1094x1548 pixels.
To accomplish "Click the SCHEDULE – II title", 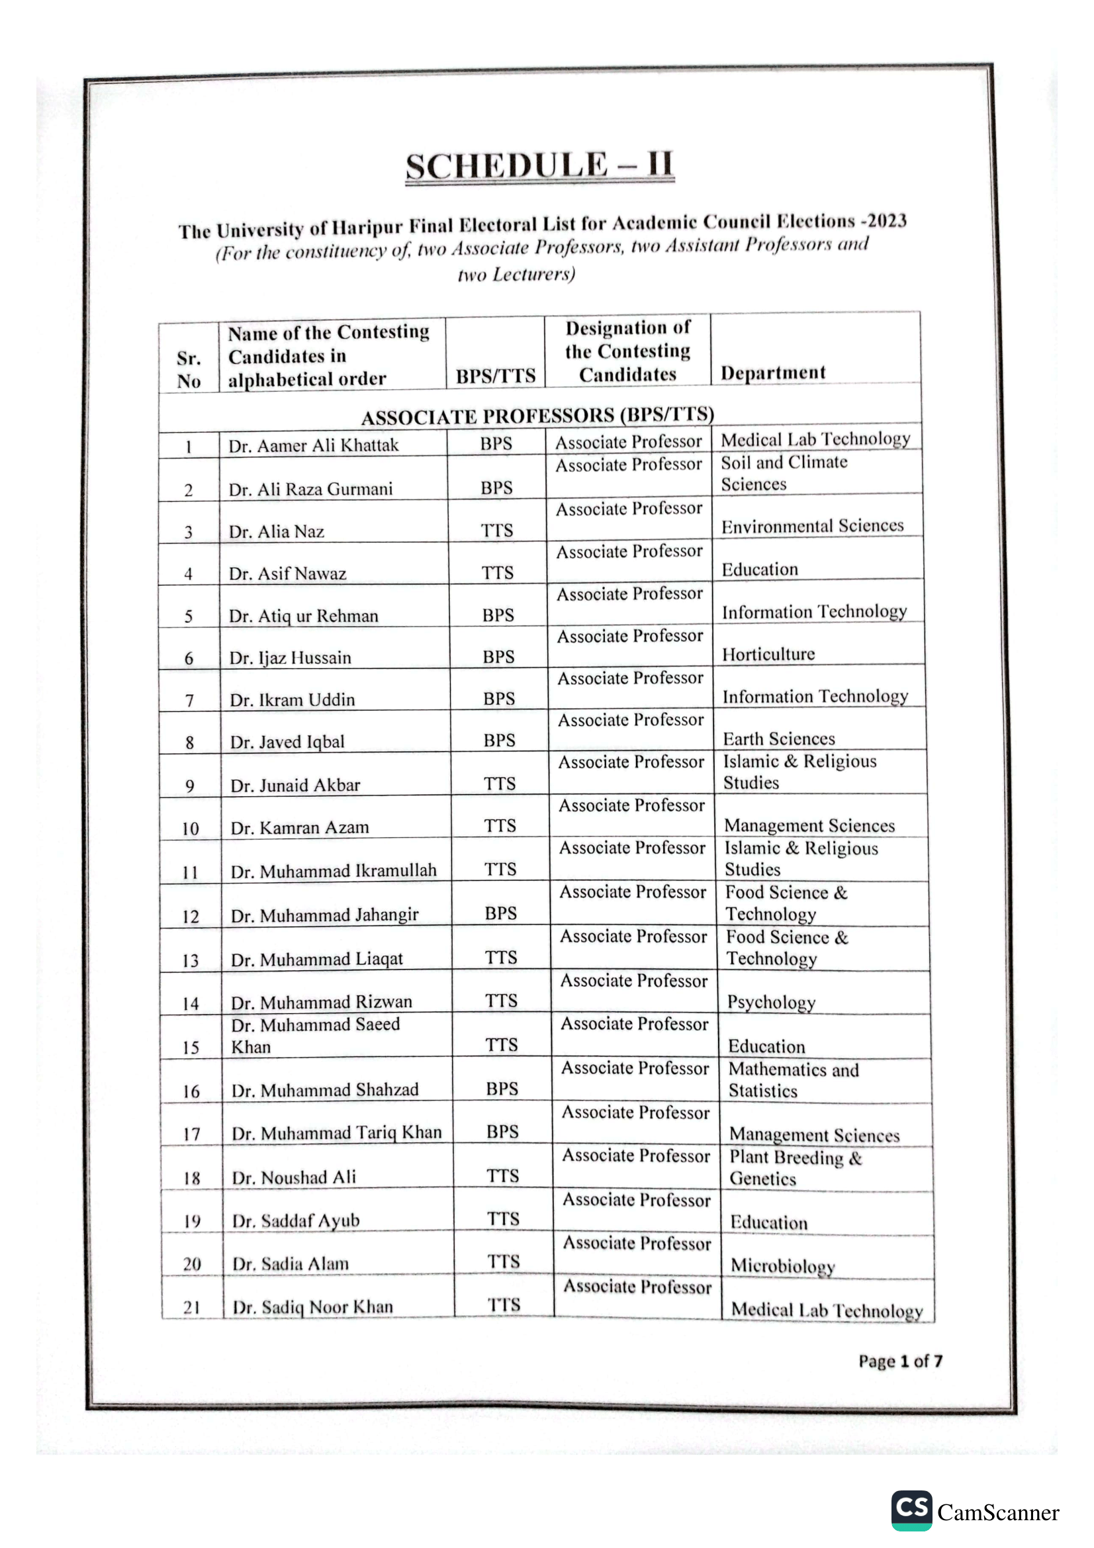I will tap(539, 166).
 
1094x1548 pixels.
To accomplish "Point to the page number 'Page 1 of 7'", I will tap(900, 1361).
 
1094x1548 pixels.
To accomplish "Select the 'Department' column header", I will tap(772, 373).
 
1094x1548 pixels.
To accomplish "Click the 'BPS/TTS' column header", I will tap(496, 375).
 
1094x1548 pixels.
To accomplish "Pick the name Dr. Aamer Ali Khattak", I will tap(314, 445).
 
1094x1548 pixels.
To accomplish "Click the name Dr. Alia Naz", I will tap(277, 531).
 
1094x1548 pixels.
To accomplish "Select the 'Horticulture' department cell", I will tap(768, 654).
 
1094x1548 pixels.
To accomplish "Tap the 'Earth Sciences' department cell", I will tap(778, 739).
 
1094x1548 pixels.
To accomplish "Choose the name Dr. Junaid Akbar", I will tap(295, 786).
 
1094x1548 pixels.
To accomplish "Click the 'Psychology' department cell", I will tap(771, 1002).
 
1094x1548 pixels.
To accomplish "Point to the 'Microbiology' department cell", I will tap(782, 1265).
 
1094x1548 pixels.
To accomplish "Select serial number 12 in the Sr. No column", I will tap(191, 916).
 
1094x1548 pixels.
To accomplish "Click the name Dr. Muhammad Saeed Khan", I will tap(316, 1036).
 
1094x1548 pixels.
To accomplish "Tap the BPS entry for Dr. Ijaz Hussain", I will tap(499, 657).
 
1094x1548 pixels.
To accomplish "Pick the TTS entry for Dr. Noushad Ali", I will tap(503, 1176).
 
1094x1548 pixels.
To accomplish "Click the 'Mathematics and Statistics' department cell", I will tap(794, 1080).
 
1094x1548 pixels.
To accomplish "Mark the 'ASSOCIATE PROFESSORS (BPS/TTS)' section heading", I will tap(538, 416).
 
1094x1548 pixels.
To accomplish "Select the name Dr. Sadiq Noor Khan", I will tap(313, 1306).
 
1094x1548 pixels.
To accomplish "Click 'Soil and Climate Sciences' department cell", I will tap(784, 473).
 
